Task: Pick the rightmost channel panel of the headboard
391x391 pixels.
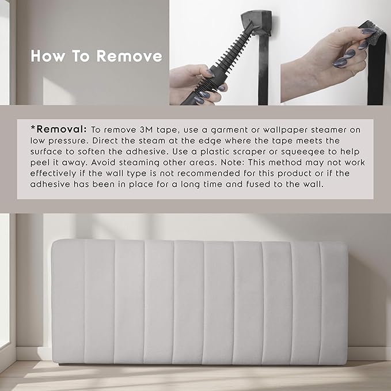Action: [333, 302]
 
